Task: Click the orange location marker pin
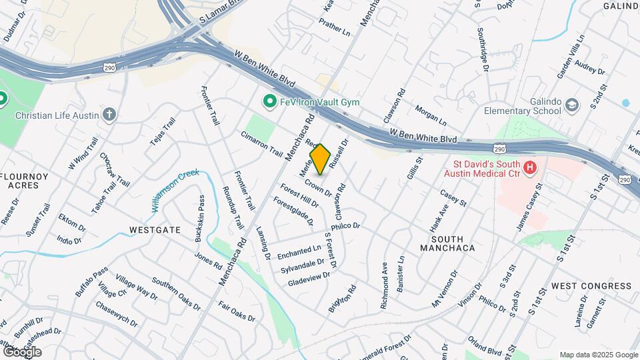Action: pyautogui.click(x=320, y=159)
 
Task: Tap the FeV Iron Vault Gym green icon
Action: pyautogui.click(x=269, y=101)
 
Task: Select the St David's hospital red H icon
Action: pyautogui.click(x=530, y=167)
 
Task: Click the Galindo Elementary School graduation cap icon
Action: pyautogui.click(x=571, y=105)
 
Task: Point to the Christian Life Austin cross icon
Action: pyautogui.click(x=110, y=114)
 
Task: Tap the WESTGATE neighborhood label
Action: pyautogui.click(x=154, y=230)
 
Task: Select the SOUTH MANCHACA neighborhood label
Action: pyautogui.click(x=447, y=243)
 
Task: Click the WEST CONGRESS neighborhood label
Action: pyautogui.click(x=591, y=286)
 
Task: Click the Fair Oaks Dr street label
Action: pyautogui.click(x=237, y=311)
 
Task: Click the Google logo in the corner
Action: pyautogui.click(x=22, y=351)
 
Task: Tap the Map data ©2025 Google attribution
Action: pyautogui.click(x=598, y=355)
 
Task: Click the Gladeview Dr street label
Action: pyautogui.click(x=309, y=279)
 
